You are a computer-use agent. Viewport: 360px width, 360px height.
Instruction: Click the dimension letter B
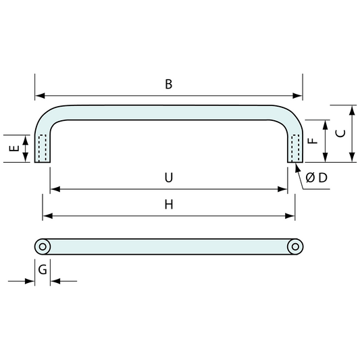[169, 84]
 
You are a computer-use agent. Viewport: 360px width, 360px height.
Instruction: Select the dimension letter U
[169, 178]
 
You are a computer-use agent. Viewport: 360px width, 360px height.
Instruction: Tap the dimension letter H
[169, 205]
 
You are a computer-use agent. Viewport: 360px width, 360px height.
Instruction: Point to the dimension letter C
[340, 133]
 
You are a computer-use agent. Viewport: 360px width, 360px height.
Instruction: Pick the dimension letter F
[313, 140]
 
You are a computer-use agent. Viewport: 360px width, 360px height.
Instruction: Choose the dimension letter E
[14, 149]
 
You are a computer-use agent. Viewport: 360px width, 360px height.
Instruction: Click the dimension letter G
[43, 269]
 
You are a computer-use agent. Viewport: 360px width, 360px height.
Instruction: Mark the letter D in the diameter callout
[323, 178]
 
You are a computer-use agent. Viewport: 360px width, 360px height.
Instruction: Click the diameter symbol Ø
[310, 178]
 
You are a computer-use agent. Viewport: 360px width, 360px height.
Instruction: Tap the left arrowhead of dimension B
[40, 95]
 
